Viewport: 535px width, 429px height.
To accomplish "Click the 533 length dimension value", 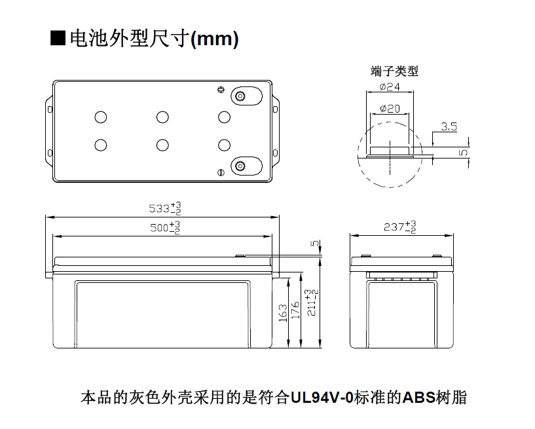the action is [165, 208].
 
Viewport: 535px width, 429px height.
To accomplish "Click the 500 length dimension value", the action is [165, 227].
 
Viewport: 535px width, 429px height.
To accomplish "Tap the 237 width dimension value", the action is [400, 227].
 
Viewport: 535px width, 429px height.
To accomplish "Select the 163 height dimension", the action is [283, 312].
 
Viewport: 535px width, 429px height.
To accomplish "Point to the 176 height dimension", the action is [295, 310].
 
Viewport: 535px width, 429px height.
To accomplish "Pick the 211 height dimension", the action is [312, 303].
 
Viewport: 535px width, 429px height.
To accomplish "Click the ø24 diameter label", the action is [390, 87].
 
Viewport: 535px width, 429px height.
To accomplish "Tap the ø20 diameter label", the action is [390, 109].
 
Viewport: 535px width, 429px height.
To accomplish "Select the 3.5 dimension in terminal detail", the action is [449, 126].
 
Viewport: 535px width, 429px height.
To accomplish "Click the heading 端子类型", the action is [394, 71].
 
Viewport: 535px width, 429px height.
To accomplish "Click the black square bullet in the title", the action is [58, 38].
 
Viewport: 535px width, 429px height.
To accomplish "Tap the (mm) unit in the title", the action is [214, 39].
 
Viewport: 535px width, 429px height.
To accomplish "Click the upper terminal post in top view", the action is [240, 96].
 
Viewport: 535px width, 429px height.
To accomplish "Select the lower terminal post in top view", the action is [240, 166].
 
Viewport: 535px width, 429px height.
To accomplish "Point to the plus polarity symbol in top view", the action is [221, 90].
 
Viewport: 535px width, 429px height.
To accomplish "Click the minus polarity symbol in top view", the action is [221, 173].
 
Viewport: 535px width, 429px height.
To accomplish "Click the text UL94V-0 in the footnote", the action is [322, 398].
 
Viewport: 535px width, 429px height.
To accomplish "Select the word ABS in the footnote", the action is [419, 398].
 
